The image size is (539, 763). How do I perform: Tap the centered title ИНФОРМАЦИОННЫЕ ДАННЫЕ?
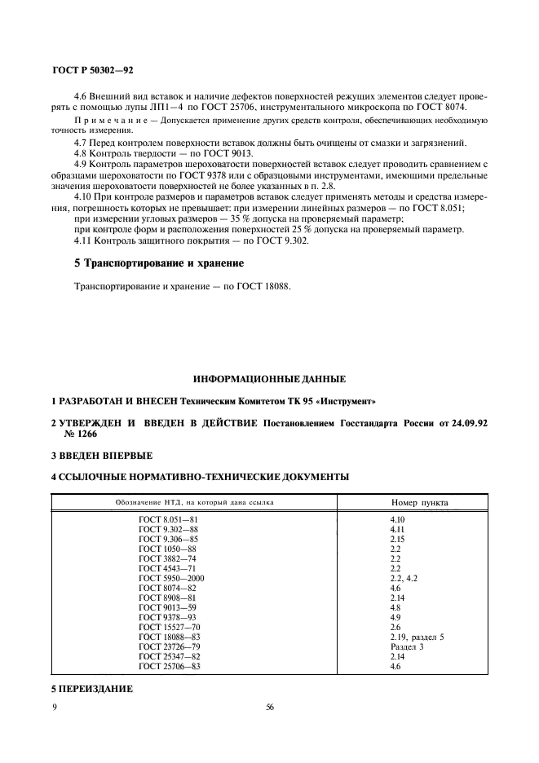[269, 379]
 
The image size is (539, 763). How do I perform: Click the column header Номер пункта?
[420, 502]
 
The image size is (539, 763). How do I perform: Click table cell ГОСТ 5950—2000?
[172, 578]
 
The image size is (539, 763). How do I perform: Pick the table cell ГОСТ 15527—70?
[170, 627]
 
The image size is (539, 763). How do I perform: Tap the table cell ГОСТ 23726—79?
[170, 646]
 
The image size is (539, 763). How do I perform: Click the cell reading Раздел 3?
[408, 646]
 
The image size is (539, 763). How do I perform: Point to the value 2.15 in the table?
[398, 538]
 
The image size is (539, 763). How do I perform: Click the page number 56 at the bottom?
[270, 707]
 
